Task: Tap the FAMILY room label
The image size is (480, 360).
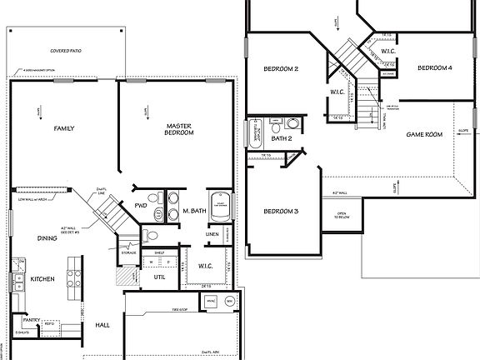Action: pyautogui.click(x=64, y=128)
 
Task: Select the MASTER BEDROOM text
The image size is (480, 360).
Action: pyautogui.click(x=179, y=128)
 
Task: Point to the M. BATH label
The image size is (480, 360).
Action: pyautogui.click(x=194, y=212)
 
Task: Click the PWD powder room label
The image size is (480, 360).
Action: pyautogui.click(x=141, y=203)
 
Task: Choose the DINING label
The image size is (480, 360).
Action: pyautogui.click(x=47, y=237)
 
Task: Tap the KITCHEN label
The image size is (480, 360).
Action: pyautogui.click(x=42, y=279)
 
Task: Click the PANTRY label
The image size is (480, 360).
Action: pyautogui.click(x=32, y=318)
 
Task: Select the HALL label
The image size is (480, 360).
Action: pyautogui.click(x=102, y=325)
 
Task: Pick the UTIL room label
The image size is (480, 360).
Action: pyautogui.click(x=159, y=276)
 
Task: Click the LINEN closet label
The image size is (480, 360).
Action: pyautogui.click(x=212, y=234)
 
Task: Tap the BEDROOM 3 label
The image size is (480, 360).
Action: pyautogui.click(x=281, y=212)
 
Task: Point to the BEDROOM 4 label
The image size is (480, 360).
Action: pyautogui.click(x=434, y=67)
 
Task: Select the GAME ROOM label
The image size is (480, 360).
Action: pyautogui.click(x=423, y=134)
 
